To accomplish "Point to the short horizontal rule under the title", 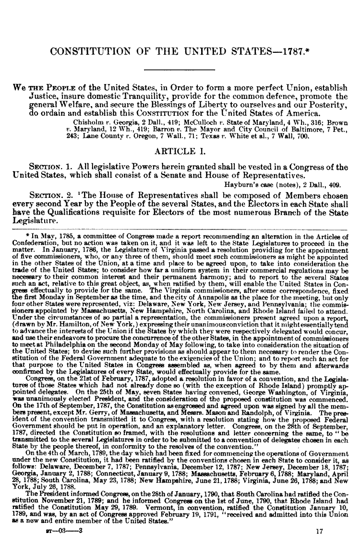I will tap(180, 71).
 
